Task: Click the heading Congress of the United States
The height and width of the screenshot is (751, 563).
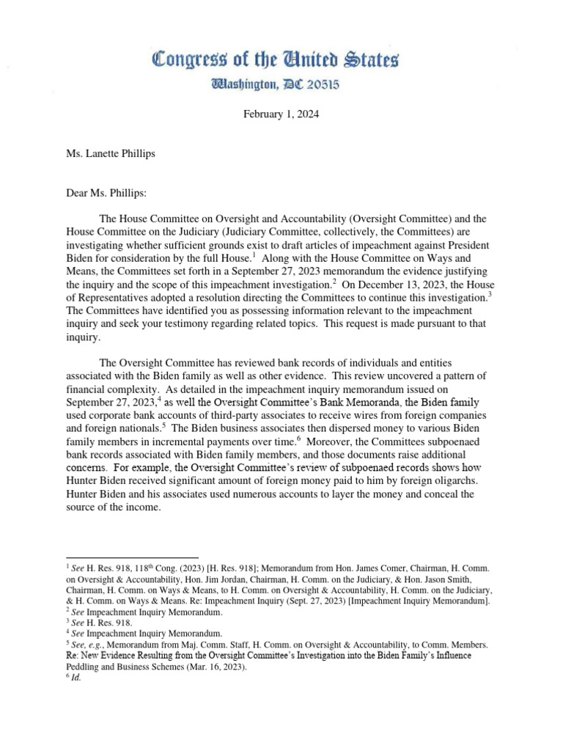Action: coord(275,61)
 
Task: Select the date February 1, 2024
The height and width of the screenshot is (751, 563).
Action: coord(281,115)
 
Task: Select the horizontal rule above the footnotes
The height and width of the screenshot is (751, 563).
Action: coord(132,558)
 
